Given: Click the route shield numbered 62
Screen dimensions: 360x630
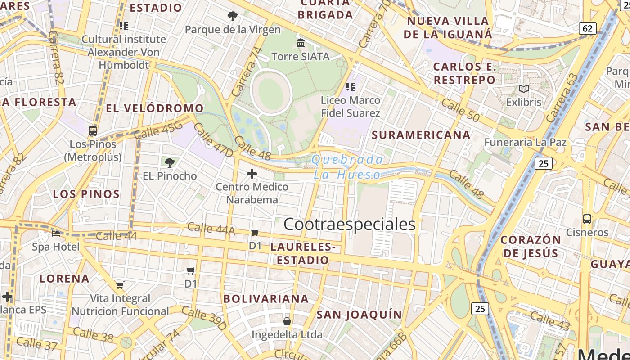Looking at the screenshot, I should click(587, 28).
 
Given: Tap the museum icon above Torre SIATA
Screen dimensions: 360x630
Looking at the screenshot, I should click(301, 43).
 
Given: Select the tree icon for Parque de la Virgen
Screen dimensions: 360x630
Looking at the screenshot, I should click(233, 17).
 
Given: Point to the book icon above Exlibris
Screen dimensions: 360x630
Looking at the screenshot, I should click(524, 89).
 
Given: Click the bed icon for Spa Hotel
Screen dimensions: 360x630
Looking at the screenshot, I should click(56, 233).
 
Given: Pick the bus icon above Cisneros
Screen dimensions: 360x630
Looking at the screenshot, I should click(587, 219).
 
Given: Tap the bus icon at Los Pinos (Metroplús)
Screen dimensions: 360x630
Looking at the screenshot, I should click(93, 131).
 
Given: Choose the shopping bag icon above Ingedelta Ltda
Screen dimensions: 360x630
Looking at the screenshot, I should click(287, 321).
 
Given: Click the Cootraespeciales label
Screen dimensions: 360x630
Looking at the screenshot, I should click(349, 224).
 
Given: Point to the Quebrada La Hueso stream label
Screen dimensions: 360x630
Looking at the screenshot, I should click(347, 167).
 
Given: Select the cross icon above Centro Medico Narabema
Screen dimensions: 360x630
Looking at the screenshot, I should click(252, 174).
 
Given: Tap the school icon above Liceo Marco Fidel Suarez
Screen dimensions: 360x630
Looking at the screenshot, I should click(351, 86).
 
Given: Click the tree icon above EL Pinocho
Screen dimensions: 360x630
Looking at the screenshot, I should click(170, 163).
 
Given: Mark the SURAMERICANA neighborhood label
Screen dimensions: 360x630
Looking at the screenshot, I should click(421, 135).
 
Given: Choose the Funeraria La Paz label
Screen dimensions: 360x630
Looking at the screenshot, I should click(525, 142).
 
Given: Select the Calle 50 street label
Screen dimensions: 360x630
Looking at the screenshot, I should click(460, 110).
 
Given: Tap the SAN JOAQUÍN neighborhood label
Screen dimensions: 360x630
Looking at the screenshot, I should click(359, 314).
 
